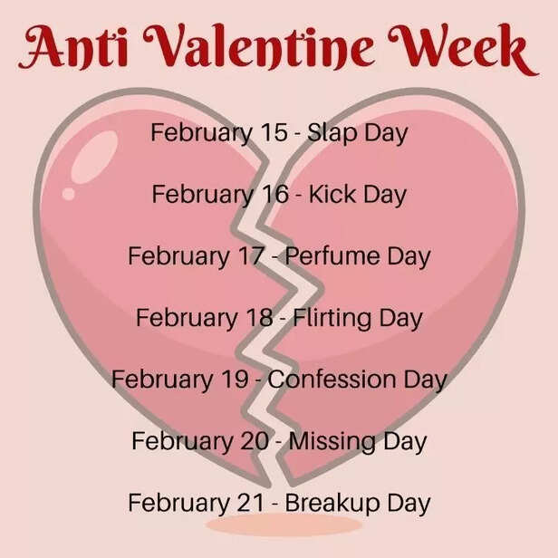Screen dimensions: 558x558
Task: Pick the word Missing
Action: [334, 441]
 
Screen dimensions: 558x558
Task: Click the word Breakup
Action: [332, 503]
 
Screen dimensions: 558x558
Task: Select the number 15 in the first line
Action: [273, 132]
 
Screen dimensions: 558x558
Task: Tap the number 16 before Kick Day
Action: [274, 195]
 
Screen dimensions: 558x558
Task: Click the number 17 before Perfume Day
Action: [249, 256]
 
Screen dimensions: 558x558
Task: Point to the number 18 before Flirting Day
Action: [257, 318]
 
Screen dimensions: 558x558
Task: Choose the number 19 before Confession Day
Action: [233, 380]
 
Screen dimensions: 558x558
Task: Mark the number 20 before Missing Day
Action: [253, 441]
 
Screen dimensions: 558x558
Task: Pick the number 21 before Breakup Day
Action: [249, 503]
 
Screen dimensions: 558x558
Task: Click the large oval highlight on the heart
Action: [93, 157]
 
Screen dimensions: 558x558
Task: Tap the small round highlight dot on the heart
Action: [68, 193]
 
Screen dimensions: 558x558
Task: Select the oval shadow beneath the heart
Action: [283, 525]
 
